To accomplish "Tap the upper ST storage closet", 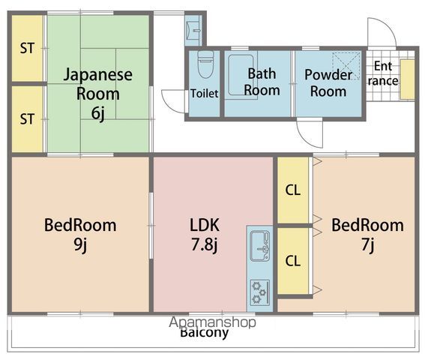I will pos(28,49).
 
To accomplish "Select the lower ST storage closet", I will pos(28,118).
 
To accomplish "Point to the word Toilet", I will pos(204,94).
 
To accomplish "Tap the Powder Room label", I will pos(328,83).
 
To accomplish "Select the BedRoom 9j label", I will pos(79,234).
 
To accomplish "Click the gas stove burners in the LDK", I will pos(260,290).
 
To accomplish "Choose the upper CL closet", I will pos(292,190).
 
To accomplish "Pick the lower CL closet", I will pos(292,261).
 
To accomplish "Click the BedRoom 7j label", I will pos(367,234).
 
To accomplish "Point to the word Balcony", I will pos(203,333).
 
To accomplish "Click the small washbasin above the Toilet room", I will pos(193,30).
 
